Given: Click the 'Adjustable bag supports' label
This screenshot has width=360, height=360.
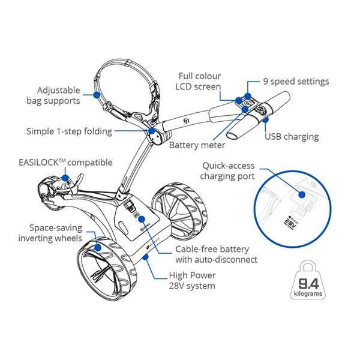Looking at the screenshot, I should point(53,95).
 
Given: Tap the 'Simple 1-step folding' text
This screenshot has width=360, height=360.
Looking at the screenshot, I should point(68,131).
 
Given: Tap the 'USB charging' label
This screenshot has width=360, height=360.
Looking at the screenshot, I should point(292,137).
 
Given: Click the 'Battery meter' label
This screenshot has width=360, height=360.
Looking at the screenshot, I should point(197,145).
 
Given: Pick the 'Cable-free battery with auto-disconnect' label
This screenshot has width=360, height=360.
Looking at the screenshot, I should point(216,254).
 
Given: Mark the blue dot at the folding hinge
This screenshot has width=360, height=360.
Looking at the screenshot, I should point(152,130).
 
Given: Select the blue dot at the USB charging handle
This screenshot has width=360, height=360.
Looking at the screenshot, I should point(264,117).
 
